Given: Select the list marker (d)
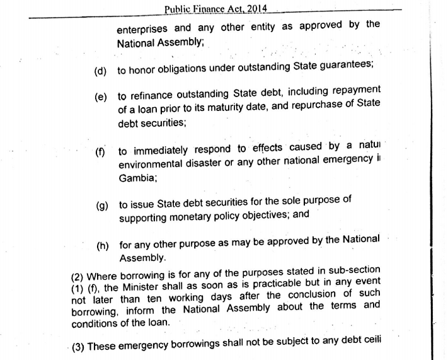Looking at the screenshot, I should (100, 71).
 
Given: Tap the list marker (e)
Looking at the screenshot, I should (100, 97).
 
